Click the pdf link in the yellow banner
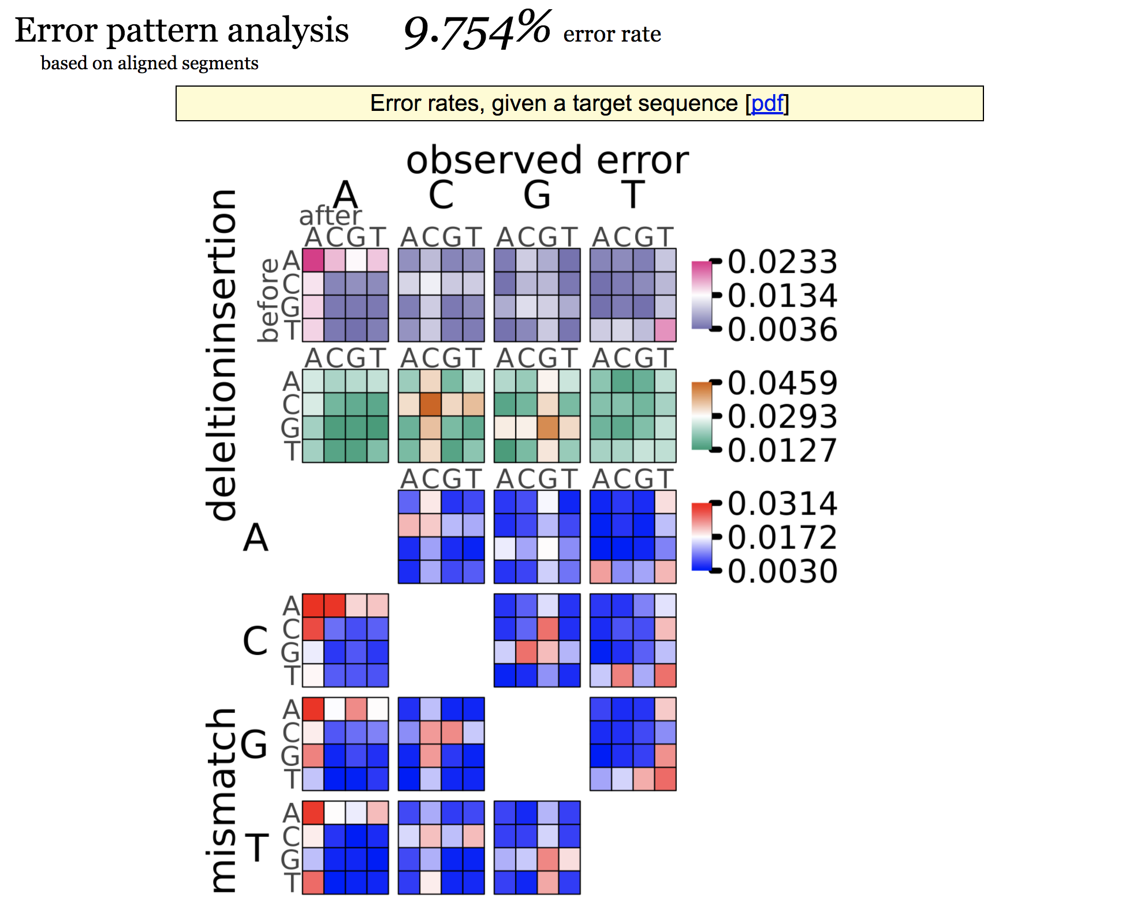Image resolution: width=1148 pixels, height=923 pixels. [x=766, y=103]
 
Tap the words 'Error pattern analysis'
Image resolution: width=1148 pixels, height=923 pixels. [x=181, y=30]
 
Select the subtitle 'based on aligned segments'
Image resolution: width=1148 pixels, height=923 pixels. [x=150, y=63]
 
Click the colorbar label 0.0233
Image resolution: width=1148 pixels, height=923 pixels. [x=782, y=262]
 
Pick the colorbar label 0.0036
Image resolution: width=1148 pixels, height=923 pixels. [x=782, y=330]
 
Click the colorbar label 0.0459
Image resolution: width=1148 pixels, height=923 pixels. [x=782, y=383]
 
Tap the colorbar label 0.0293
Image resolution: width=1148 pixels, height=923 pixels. [x=782, y=416]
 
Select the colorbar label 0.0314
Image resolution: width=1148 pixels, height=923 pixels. [x=782, y=504]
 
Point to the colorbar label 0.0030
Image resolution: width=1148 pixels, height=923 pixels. [x=782, y=571]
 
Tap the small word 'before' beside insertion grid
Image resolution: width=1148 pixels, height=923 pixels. [x=269, y=300]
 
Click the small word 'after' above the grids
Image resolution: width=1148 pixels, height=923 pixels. [x=330, y=216]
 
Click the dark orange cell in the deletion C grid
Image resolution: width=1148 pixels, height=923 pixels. [x=430, y=404]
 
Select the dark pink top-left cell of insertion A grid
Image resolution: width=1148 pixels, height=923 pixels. [x=313, y=260]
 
